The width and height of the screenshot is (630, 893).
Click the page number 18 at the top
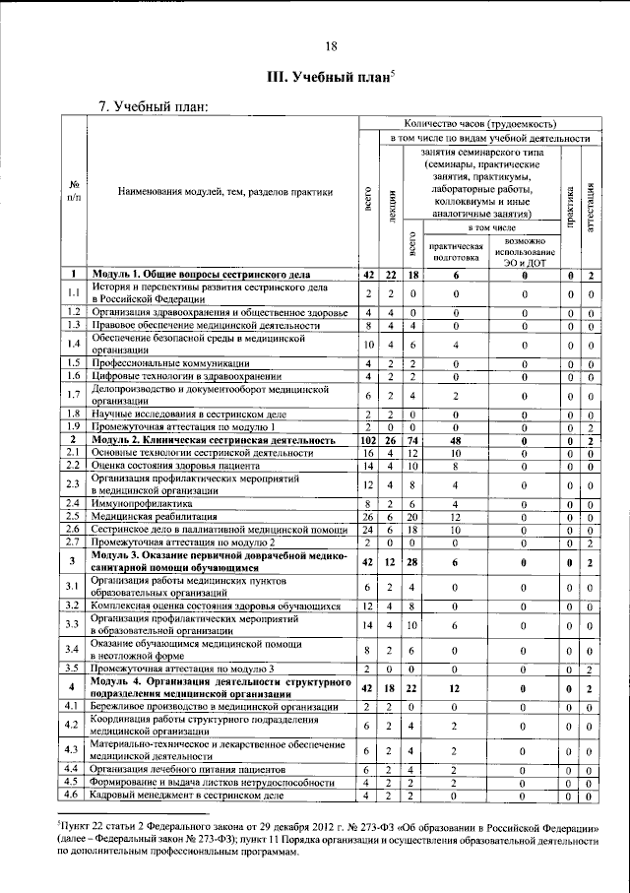(332, 46)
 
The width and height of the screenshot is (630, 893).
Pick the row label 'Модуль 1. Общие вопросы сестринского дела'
(202, 275)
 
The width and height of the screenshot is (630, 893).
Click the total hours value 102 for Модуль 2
(366, 440)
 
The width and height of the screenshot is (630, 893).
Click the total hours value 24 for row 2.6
(366, 528)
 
